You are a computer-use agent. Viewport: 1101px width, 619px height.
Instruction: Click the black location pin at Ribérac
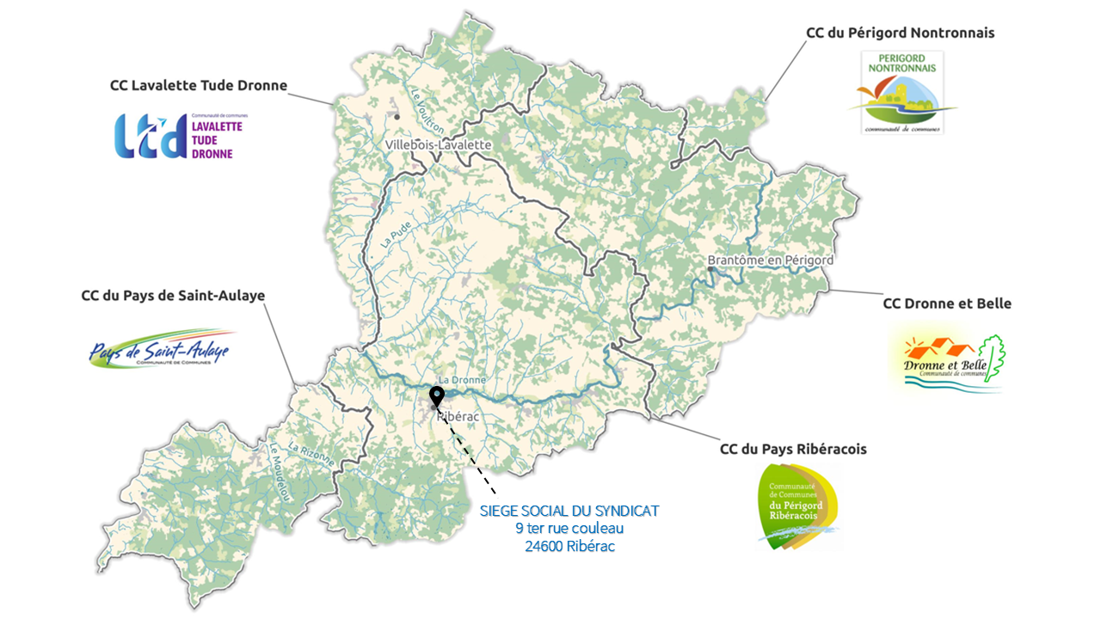tap(437, 396)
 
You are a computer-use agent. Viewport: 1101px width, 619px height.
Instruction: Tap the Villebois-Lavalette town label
tap(439, 144)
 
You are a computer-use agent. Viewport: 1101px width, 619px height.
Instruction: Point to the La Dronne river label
tap(462, 380)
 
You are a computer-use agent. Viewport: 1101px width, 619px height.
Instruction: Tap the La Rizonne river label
tap(311, 453)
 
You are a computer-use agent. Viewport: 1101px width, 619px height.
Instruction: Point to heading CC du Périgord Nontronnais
tap(900, 33)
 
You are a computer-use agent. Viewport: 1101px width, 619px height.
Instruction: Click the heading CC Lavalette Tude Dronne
tap(199, 85)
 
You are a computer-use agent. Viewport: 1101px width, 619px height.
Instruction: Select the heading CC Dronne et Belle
tap(947, 303)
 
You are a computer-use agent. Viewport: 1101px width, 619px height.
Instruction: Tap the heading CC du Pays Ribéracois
tap(792, 449)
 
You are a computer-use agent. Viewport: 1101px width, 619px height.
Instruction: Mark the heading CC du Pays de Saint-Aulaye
tap(173, 295)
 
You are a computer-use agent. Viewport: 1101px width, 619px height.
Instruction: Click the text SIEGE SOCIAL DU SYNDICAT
tap(569, 511)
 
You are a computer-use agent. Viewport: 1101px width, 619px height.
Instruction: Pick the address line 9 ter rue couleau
tap(569, 528)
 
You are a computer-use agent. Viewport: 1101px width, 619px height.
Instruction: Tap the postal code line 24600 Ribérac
tap(569, 546)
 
